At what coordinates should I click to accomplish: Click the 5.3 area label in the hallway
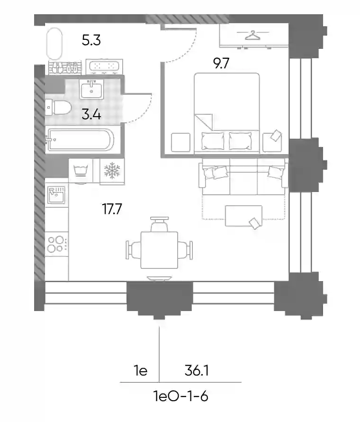coord(91,40)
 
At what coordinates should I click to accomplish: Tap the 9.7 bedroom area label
coord(221,64)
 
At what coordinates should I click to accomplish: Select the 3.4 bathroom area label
coord(91,114)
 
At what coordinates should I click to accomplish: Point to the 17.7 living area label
coord(112,209)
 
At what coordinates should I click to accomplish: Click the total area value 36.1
coord(197,371)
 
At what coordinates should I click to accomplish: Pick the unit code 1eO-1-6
coord(180,396)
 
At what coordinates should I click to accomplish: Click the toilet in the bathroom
coord(58,108)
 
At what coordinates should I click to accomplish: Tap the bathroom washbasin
coord(91,89)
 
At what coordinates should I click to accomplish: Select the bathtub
coord(80,139)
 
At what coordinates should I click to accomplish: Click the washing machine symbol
coord(81,171)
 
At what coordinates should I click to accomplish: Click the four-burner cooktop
coord(56,244)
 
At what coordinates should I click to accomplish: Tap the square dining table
coord(159,250)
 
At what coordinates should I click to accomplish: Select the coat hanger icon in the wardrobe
coord(253,35)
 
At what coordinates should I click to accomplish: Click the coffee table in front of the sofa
coord(243,216)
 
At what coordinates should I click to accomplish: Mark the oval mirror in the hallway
coord(54,44)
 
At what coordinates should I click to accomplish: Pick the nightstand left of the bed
coord(180,142)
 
